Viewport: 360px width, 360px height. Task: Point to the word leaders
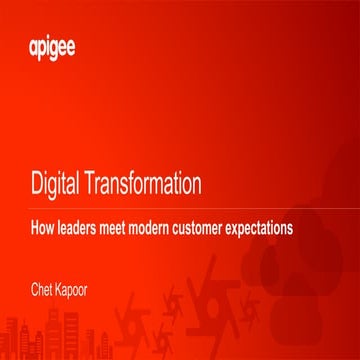tap(78, 227)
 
